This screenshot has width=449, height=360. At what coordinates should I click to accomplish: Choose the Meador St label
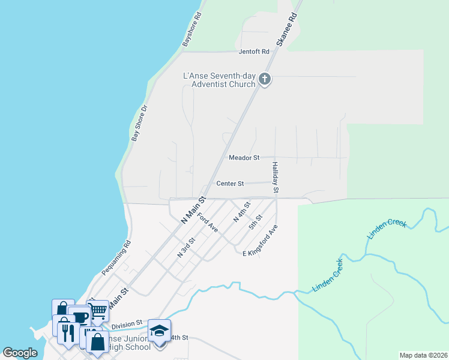[244, 158]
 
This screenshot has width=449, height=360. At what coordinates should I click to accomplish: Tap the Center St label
[229, 184]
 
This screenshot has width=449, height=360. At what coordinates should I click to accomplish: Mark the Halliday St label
[275, 177]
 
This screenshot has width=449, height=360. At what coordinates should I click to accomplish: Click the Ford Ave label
[207, 221]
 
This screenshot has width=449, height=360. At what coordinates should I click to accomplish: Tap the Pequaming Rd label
[116, 258]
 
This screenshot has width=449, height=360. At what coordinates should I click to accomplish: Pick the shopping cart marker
[98, 311]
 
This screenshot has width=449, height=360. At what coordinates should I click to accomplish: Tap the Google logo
[20, 353]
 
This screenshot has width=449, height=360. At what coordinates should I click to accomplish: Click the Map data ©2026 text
[423, 355]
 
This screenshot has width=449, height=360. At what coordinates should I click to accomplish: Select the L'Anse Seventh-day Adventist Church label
[219, 80]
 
